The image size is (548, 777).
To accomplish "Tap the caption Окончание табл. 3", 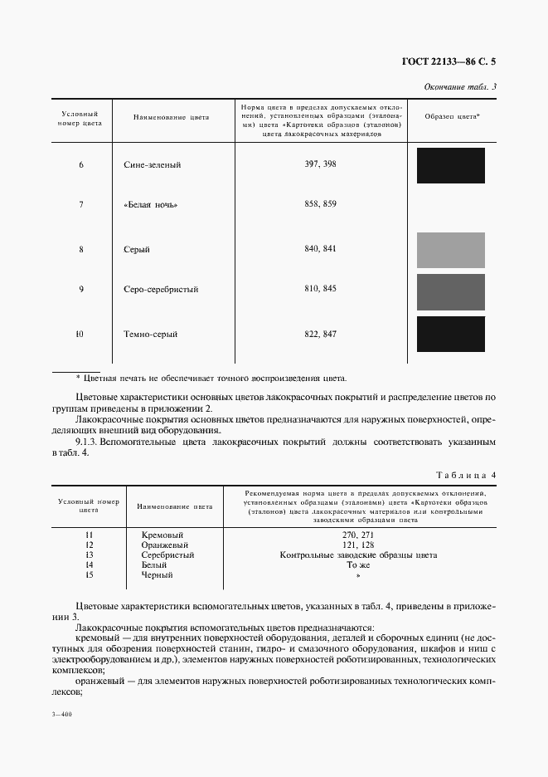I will pos(459,87).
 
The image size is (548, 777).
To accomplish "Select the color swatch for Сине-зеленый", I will pos(450,165).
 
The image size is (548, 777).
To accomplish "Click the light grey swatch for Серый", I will pos(450,250).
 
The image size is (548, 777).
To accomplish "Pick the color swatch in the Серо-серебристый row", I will pos(450,291).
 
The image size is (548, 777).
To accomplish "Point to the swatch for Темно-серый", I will pos(450,334).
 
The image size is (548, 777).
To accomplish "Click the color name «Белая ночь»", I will pos(151,204).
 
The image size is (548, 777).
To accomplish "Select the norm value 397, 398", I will pos(320,164).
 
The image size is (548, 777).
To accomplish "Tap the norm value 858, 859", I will pos(320,204).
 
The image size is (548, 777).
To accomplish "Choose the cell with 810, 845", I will pos(320,289).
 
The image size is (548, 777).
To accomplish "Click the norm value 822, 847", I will pos(320,334).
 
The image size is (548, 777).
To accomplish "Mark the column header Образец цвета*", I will pos(453,118).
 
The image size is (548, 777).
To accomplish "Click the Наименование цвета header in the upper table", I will pos(172,118).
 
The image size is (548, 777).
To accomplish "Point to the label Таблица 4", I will pos(466,475).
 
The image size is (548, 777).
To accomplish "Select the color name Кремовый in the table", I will pos(162,535).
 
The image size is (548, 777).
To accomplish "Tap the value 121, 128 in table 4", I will pos(358,545).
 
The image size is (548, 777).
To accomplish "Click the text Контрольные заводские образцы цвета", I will pos(358,555).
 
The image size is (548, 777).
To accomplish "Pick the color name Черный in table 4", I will pos(158,574).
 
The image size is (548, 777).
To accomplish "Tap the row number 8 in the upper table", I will pos(81,250).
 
